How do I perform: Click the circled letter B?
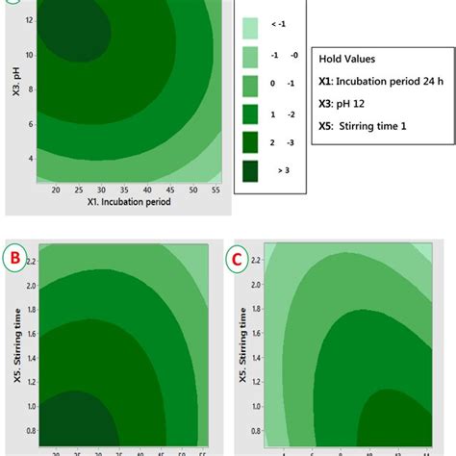13,257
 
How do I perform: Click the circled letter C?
234,259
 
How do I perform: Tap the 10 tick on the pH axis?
30,55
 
